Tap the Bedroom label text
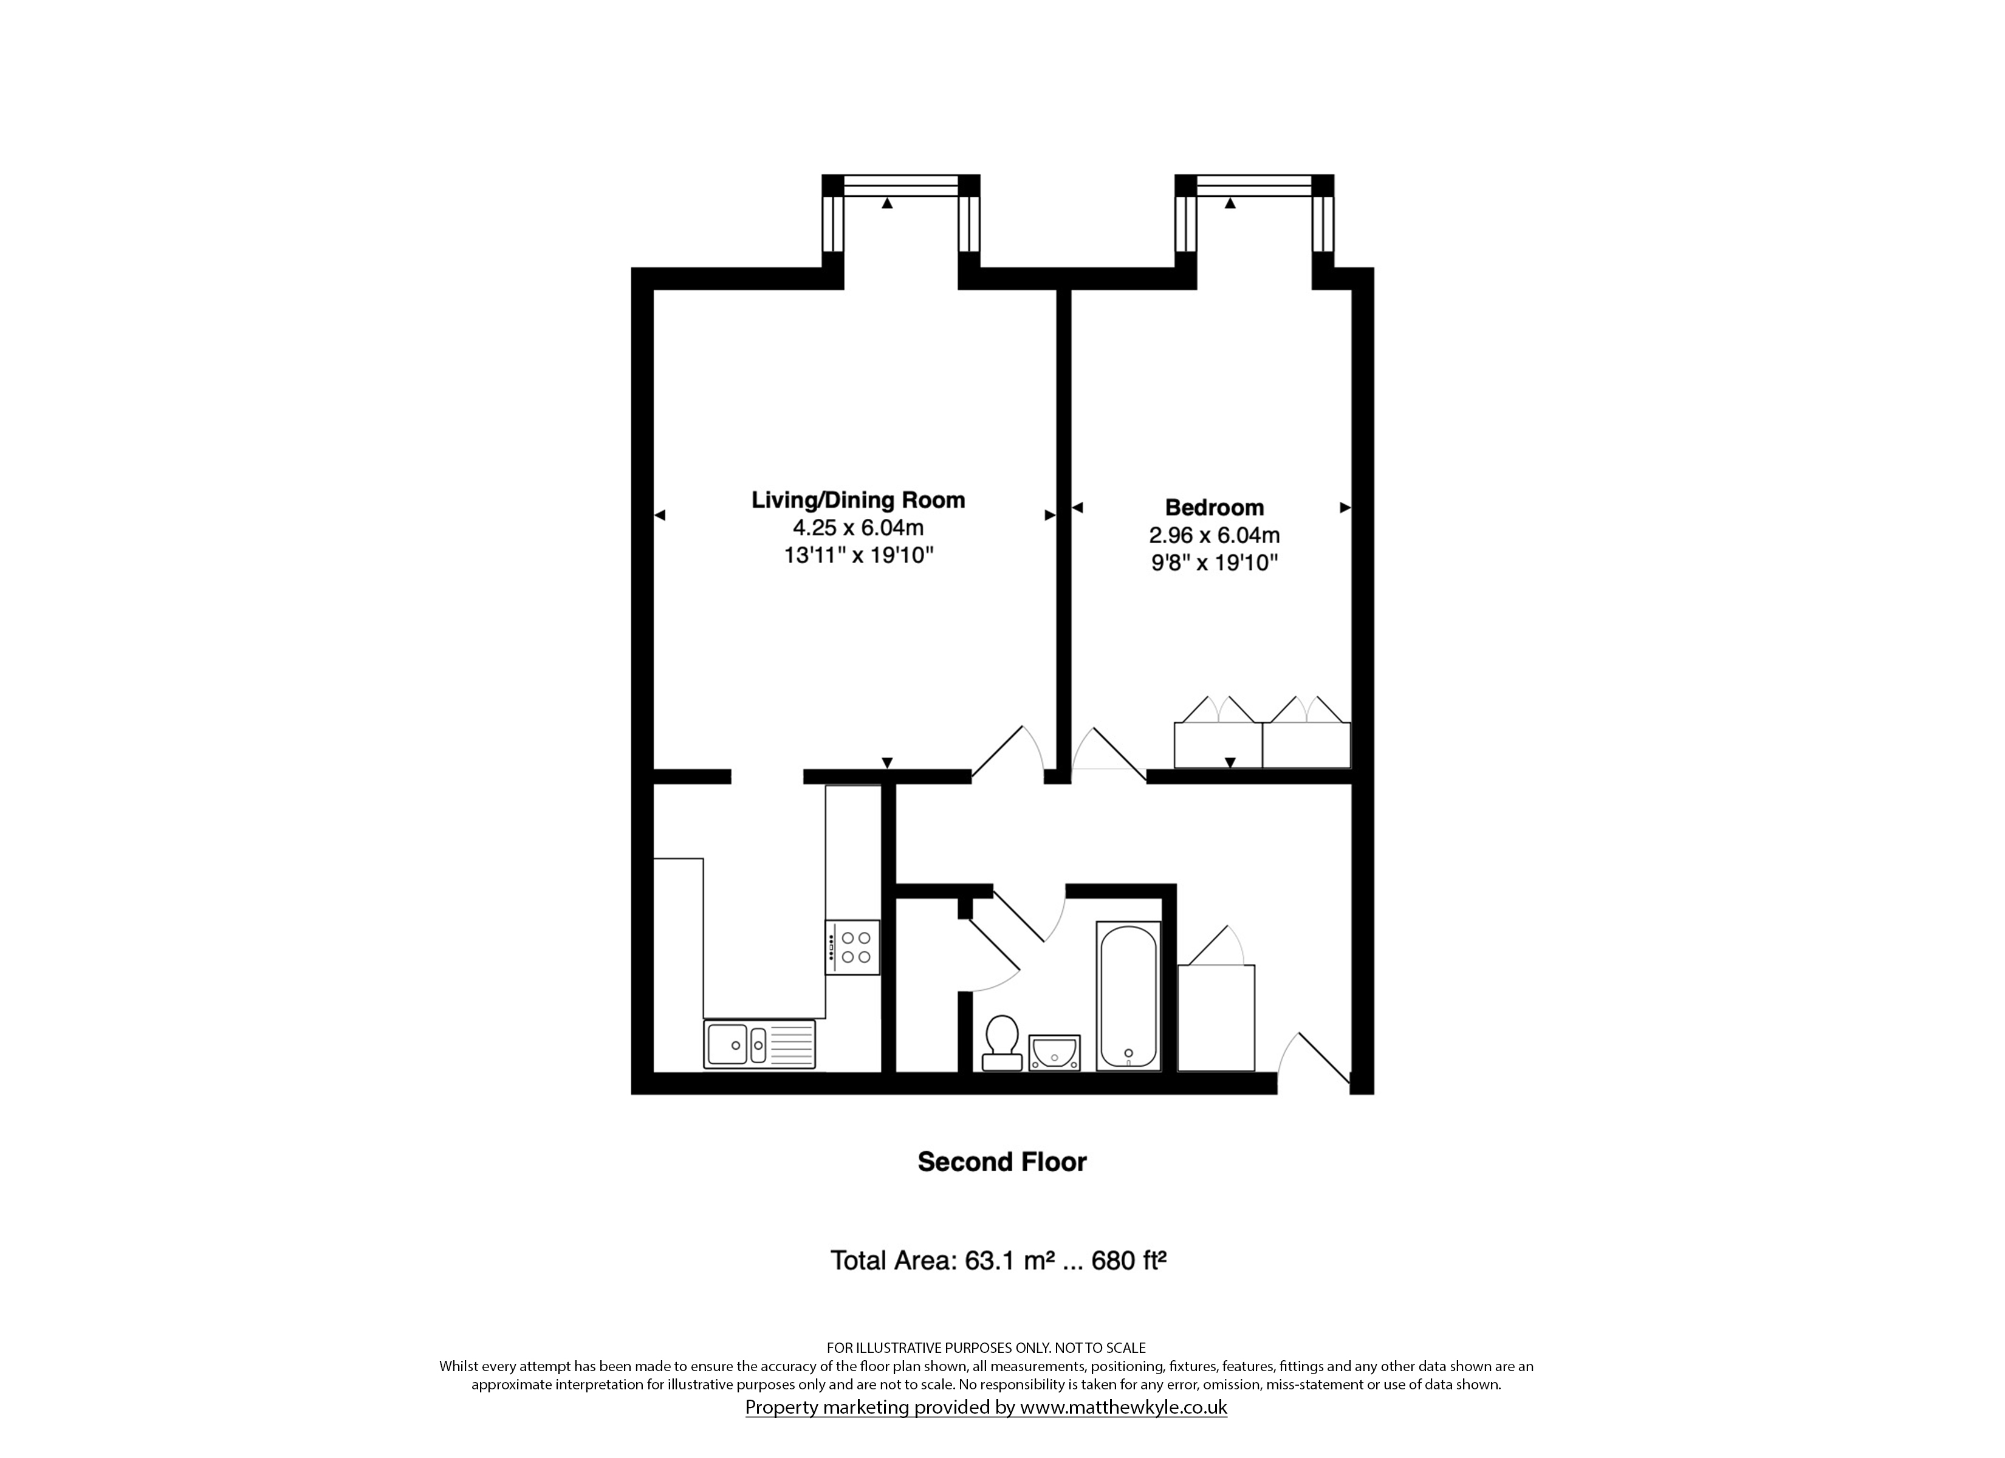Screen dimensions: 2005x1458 [1214, 507]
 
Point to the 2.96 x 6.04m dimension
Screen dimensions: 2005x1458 [1214, 535]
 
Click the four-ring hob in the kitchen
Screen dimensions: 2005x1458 [852, 947]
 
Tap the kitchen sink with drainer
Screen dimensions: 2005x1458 [759, 1044]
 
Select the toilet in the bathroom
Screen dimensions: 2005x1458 [1002, 1042]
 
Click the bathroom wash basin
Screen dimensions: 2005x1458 [1054, 1052]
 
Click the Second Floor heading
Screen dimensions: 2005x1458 [1002, 1162]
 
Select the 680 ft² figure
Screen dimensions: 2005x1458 [1129, 1260]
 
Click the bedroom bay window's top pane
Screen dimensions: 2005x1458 [1253, 186]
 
